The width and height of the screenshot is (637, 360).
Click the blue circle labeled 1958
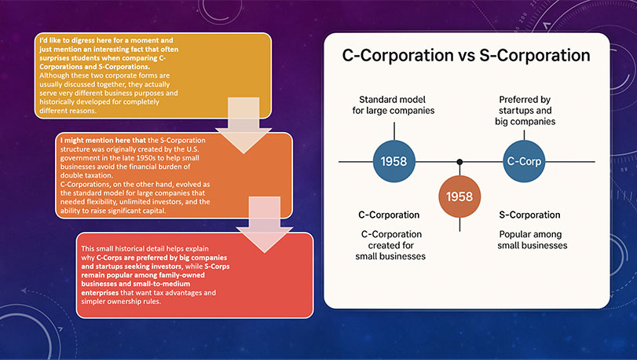394,161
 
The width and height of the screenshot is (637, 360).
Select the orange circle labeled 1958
459,197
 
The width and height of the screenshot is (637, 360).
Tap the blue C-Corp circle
524,161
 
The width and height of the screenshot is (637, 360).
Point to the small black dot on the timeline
459,162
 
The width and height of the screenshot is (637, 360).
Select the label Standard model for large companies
393,105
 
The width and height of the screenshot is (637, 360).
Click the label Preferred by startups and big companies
525,111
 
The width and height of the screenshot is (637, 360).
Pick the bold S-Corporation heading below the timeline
529,215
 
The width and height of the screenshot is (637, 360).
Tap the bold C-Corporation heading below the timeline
389,215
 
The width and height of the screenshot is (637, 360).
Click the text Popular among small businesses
533,240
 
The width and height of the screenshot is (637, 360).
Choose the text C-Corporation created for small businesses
391,245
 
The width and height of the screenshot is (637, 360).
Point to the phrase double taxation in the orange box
86,175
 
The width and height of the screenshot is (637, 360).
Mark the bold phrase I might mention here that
103,140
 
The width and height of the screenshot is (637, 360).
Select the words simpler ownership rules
121,302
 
